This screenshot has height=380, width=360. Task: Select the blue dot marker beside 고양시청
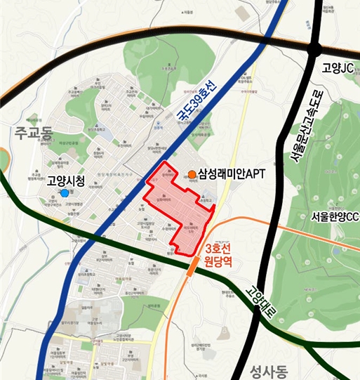(65, 192)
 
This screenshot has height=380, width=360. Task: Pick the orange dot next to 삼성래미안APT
(192, 173)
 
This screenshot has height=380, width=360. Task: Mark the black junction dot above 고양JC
(314, 49)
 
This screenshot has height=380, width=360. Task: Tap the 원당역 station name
(218, 268)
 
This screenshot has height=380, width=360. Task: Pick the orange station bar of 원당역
(192, 266)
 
